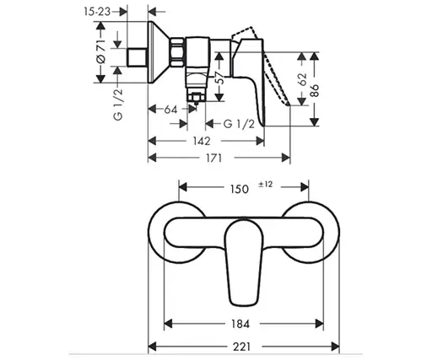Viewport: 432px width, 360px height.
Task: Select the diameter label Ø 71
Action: click(100, 54)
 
